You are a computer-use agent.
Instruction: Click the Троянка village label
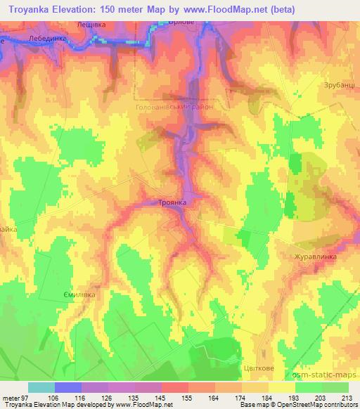pyautogui.click(x=172, y=202)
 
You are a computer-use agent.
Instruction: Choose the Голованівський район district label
pyautogui.click(x=174, y=108)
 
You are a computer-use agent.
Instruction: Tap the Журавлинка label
pyautogui.click(x=315, y=257)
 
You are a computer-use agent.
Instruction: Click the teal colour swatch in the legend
pyautogui.click(x=41, y=387)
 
